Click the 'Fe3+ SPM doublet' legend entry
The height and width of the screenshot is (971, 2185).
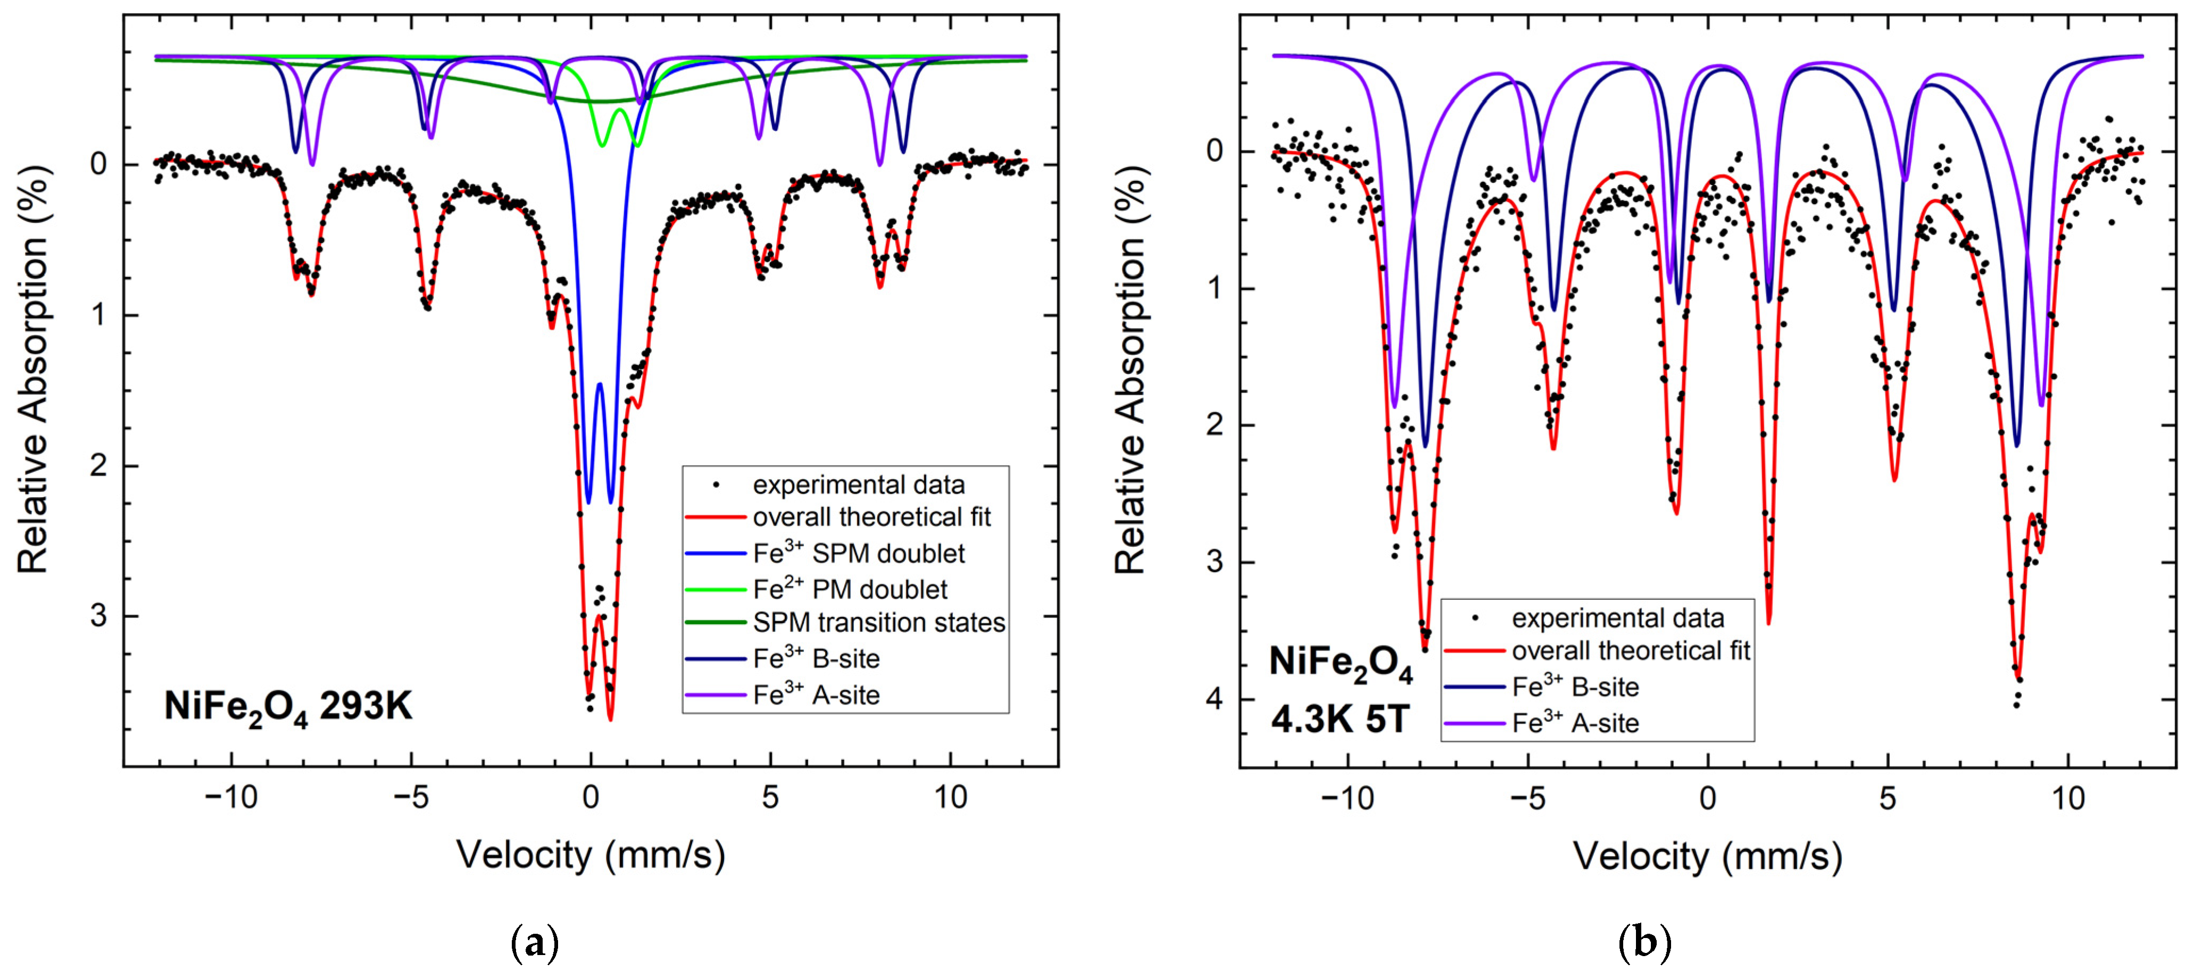point(858,554)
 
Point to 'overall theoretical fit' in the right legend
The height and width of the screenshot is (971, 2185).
point(1630,651)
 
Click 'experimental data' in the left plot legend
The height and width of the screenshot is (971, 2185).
point(858,485)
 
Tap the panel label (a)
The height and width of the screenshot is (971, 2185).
point(536,943)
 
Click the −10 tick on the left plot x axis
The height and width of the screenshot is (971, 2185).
point(231,798)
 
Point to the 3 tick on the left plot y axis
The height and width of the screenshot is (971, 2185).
point(99,616)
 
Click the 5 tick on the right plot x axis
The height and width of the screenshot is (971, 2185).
point(1887,798)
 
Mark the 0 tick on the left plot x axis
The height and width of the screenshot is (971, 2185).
point(591,798)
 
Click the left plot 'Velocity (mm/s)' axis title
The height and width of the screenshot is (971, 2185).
point(591,855)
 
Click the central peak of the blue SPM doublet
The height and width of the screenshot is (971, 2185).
point(600,383)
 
